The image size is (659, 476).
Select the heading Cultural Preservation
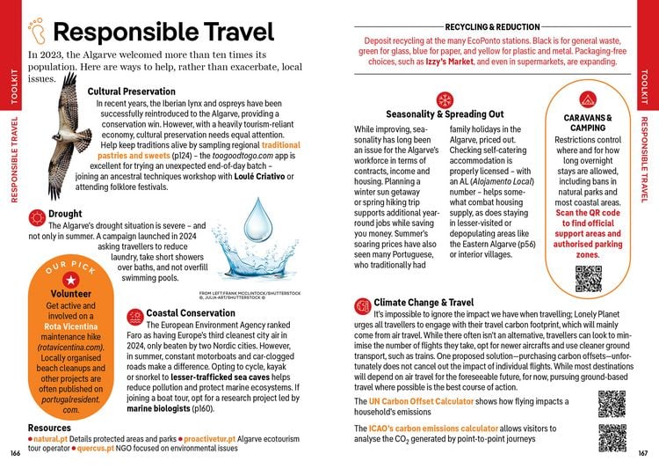point(132,92)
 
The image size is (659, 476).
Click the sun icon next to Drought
point(37,215)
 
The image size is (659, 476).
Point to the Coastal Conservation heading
point(189,312)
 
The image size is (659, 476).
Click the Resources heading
point(50,428)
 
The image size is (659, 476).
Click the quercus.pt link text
point(98,448)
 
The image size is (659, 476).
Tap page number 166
point(14,453)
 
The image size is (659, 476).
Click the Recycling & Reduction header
point(492,27)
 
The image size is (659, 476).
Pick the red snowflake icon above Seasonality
point(444,99)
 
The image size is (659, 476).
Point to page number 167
point(643,453)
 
